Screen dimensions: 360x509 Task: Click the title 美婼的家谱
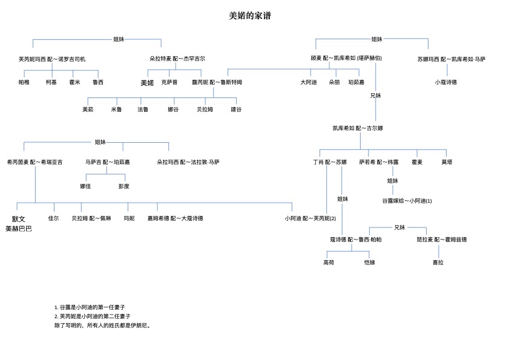(x=249, y=16)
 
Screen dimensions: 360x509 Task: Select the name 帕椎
(x=24, y=82)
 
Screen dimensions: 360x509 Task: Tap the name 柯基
(x=51, y=82)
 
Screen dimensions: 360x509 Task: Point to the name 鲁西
(x=98, y=82)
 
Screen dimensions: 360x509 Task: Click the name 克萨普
(x=169, y=82)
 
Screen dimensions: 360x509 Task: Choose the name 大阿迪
(x=309, y=82)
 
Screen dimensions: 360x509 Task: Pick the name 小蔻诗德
(x=446, y=82)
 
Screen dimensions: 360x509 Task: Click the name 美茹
(x=88, y=110)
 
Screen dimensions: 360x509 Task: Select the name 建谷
(x=236, y=110)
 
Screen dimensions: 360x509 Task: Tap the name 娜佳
(x=85, y=186)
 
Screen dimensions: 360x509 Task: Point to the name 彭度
(x=124, y=186)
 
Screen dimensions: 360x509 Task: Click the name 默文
(x=19, y=219)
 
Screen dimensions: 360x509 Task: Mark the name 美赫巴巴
(x=19, y=229)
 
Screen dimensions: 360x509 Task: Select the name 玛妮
(x=130, y=218)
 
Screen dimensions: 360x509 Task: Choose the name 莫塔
(x=447, y=162)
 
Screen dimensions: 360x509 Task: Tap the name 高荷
(x=329, y=263)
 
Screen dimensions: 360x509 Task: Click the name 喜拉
(x=438, y=263)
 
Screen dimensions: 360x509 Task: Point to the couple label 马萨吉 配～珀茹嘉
(x=107, y=162)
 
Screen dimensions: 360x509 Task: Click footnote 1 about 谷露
(x=90, y=307)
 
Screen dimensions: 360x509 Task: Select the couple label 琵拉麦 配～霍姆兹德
(x=442, y=240)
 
